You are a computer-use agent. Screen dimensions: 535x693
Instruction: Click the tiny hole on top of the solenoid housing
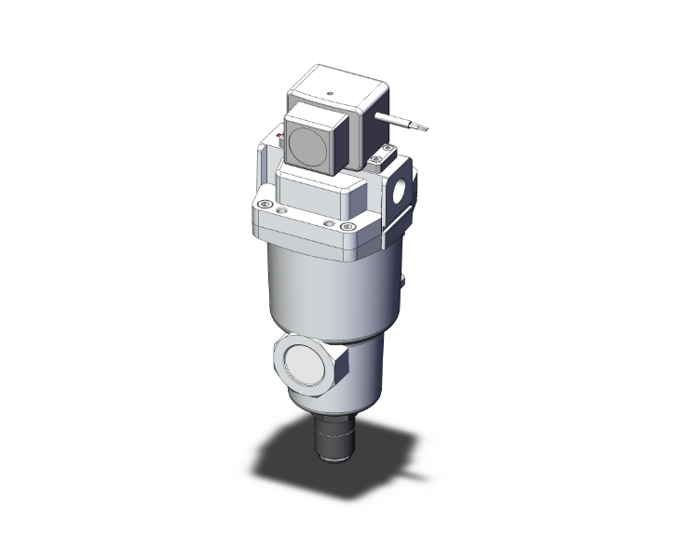(x=332, y=93)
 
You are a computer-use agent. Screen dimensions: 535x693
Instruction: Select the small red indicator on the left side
(x=279, y=139)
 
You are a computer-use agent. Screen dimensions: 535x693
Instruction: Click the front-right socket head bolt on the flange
(x=347, y=226)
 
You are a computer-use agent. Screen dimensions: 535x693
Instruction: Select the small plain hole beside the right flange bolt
(x=328, y=223)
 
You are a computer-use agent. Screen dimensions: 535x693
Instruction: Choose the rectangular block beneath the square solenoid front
(x=317, y=191)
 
